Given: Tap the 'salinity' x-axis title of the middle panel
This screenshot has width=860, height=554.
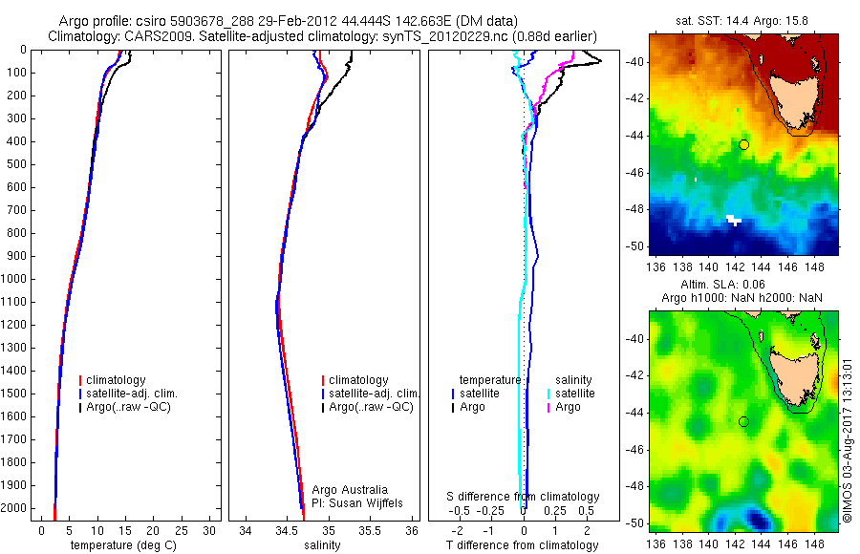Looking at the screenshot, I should (x=322, y=545).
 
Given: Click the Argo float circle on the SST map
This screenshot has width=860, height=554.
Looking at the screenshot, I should (x=743, y=144).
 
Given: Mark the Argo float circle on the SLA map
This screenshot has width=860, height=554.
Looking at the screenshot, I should (x=743, y=421).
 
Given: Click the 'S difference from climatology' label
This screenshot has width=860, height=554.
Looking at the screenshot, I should (x=523, y=497).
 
